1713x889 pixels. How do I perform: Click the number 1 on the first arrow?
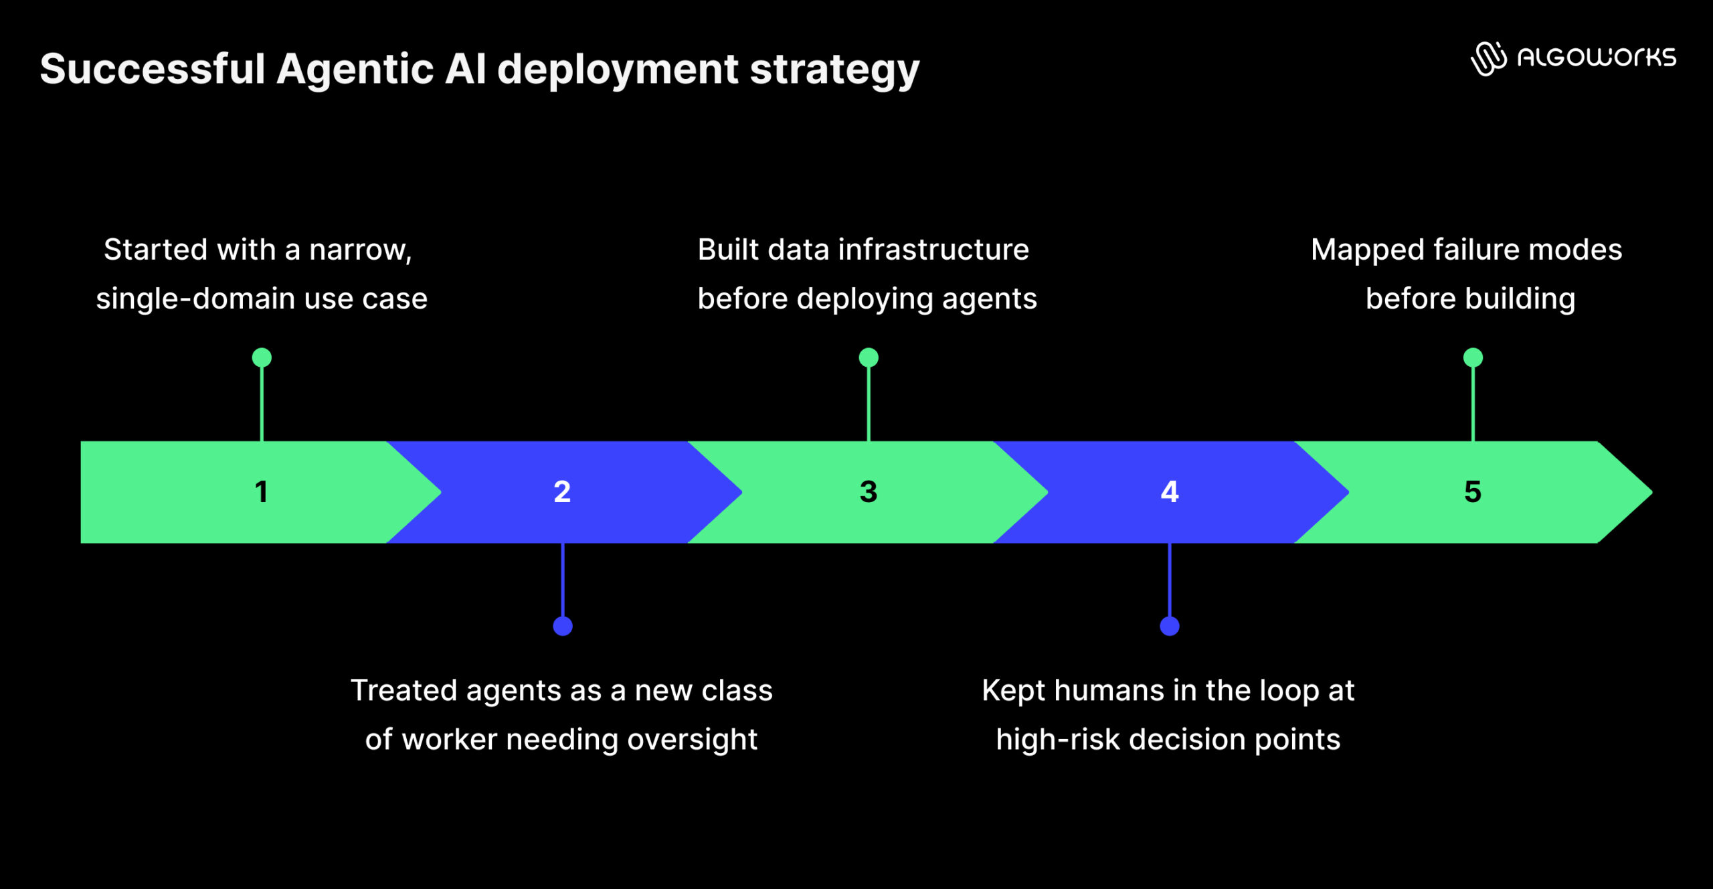tap(261, 492)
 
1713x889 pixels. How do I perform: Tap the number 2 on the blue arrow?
tap(562, 492)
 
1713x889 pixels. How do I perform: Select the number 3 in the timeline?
tap(868, 492)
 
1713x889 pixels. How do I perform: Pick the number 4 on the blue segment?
tap(1169, 492)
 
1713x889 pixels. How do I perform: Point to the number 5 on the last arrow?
tap(1473, 492)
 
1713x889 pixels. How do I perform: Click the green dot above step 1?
tap(262, 357)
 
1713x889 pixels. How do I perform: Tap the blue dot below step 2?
tap(563, 626)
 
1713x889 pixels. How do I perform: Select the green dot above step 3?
tap(869, 357)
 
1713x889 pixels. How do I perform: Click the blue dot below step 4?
tap(1170, 626)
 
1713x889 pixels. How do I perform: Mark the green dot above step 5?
tap(1473, 357)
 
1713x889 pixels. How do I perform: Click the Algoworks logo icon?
tap(1488, 58)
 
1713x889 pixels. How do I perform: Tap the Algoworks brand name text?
tap(1597, 58)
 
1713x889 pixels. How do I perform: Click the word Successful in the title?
tap(153, 69)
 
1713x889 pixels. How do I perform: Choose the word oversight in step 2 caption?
tap(692, 740)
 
